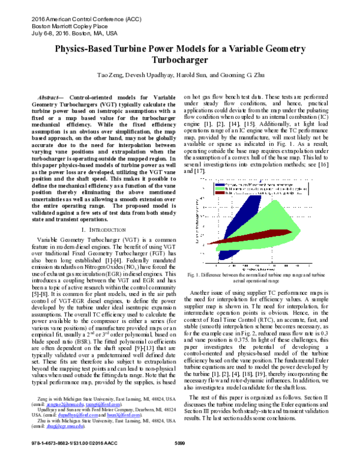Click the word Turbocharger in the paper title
point(179,60)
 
